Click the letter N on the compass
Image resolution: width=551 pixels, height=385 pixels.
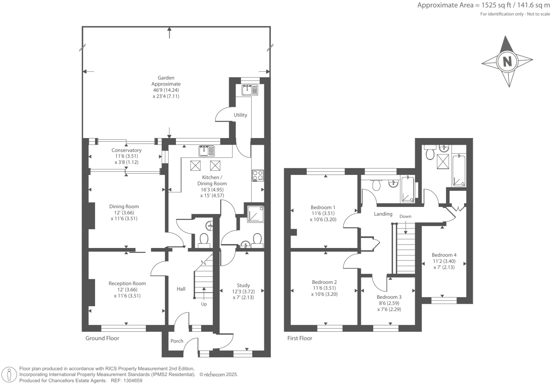point(507,62)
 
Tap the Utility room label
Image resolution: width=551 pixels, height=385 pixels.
point(240,115)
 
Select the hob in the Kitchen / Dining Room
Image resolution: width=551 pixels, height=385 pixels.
point(258,175)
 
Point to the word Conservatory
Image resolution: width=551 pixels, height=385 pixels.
point(126,150)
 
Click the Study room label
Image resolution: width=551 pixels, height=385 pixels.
point(243,285)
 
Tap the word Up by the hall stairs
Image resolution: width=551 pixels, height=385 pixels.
point(204,304)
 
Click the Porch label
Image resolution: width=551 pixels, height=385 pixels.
point(177,341)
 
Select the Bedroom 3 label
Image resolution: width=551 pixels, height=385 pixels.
point(389,297)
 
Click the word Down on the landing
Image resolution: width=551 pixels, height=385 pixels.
point(405,216)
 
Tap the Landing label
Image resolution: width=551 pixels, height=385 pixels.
point(383,214)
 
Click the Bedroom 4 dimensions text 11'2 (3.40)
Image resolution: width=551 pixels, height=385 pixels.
point(444,261)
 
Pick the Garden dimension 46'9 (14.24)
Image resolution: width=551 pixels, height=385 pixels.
point(166,90)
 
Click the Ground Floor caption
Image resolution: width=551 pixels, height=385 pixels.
point(102,338)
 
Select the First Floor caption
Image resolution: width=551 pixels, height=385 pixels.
point(299,338)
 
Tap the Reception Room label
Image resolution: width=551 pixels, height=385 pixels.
point(127,284)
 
